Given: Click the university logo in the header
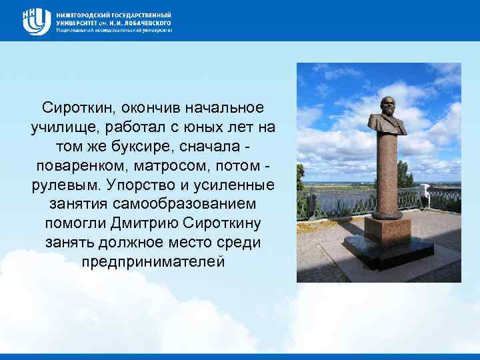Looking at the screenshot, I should click(x=36, y=20).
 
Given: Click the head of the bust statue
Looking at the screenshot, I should click(x=387, y=104).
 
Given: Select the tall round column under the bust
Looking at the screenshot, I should click(x=387, y=173).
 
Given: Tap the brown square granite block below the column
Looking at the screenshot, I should click(x=387, y=230).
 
